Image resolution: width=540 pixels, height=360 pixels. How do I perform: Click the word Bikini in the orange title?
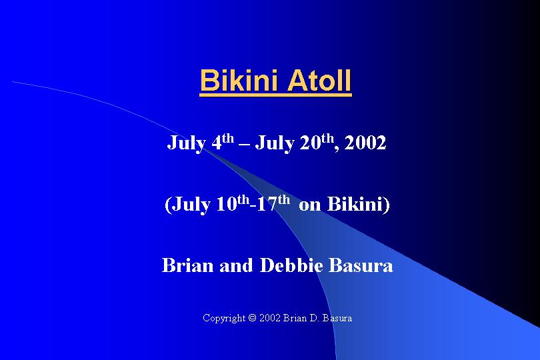(239, 80)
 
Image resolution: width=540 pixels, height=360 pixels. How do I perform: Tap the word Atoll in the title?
(319, 80)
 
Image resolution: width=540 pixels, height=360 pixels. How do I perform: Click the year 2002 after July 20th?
(365, 143)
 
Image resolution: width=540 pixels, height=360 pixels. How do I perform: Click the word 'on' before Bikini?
(309, 205)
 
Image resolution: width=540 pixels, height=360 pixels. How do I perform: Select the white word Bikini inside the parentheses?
(355, 203)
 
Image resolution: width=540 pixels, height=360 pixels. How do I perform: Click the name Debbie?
(291, 265)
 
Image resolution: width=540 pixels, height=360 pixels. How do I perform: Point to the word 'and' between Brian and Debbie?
(236, 265)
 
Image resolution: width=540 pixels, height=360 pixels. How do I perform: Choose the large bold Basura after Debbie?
(361, 265)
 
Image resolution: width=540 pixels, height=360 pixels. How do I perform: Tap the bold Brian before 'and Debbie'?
(188, 265)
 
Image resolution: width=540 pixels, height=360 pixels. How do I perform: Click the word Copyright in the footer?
(224, 318)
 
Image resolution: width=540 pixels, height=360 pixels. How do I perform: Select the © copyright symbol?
(253, 317)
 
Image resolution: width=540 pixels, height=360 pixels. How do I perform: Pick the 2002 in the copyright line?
(270, 317)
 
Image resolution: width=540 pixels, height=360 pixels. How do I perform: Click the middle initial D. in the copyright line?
(314, 317)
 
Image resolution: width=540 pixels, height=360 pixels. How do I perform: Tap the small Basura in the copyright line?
(337, 317)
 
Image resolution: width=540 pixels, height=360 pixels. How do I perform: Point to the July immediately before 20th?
(275, 143)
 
